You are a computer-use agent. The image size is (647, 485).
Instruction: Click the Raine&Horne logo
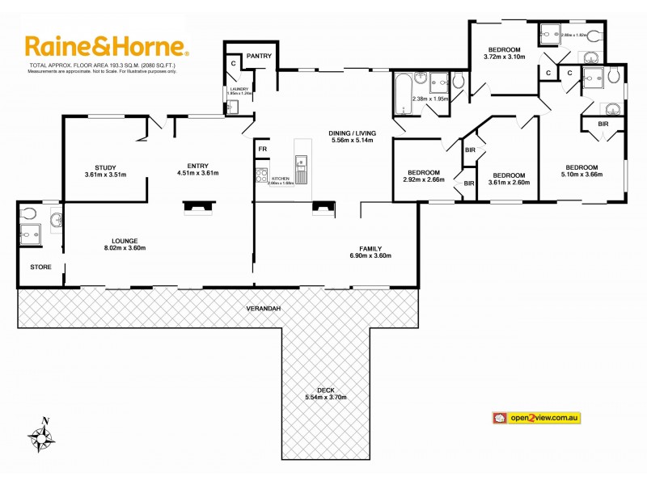[106, 46]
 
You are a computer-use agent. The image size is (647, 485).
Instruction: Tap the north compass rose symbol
[41, 436]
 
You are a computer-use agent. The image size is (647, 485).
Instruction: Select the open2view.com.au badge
[538, 417]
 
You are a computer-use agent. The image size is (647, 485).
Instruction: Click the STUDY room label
[105, 167]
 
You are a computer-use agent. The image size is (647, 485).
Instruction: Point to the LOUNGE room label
[125, 240]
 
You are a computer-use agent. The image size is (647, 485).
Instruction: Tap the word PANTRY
[259, 56]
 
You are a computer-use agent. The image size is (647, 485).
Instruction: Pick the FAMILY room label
[370, 248]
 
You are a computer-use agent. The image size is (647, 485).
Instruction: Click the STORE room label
[40, 266]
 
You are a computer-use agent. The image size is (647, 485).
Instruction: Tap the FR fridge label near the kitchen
[262, 150]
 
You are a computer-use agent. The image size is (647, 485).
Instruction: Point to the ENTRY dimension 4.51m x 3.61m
[198, 173]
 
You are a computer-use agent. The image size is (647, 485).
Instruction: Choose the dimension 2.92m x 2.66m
[423, 179]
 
